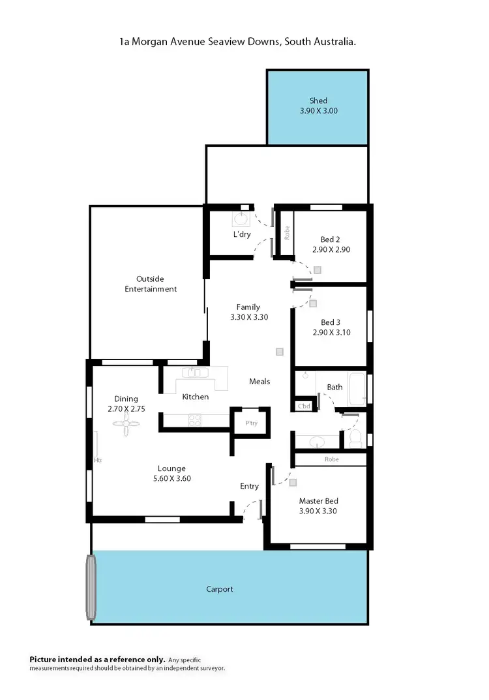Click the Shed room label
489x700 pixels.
click(x=318, y=100)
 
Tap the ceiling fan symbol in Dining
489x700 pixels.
click(x=126, y=423)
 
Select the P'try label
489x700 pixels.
click(x=252, y=422)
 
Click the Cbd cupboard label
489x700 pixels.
click(x=304, y=406)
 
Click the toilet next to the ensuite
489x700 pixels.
click(x=355, y=438)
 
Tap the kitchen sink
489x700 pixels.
click(x=195, y=373)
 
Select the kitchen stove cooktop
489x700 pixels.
click(x=194, y=421)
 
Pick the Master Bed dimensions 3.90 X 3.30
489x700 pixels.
click(x=318, y=511)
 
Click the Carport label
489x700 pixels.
click(x=220, y=589)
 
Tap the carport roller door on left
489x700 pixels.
click(x=91, y=586)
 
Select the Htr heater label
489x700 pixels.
click(x=98, y=460)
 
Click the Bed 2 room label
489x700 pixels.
click(x=331, y=239)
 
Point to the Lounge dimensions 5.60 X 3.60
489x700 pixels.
click(x=171, y=478)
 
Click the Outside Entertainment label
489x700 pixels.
click(x=151, y=284)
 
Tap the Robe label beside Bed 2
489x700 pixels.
click(x=286, y=233)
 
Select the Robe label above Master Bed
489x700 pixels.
click(x=331, y=459)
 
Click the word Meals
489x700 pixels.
click(x=259, y=382)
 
